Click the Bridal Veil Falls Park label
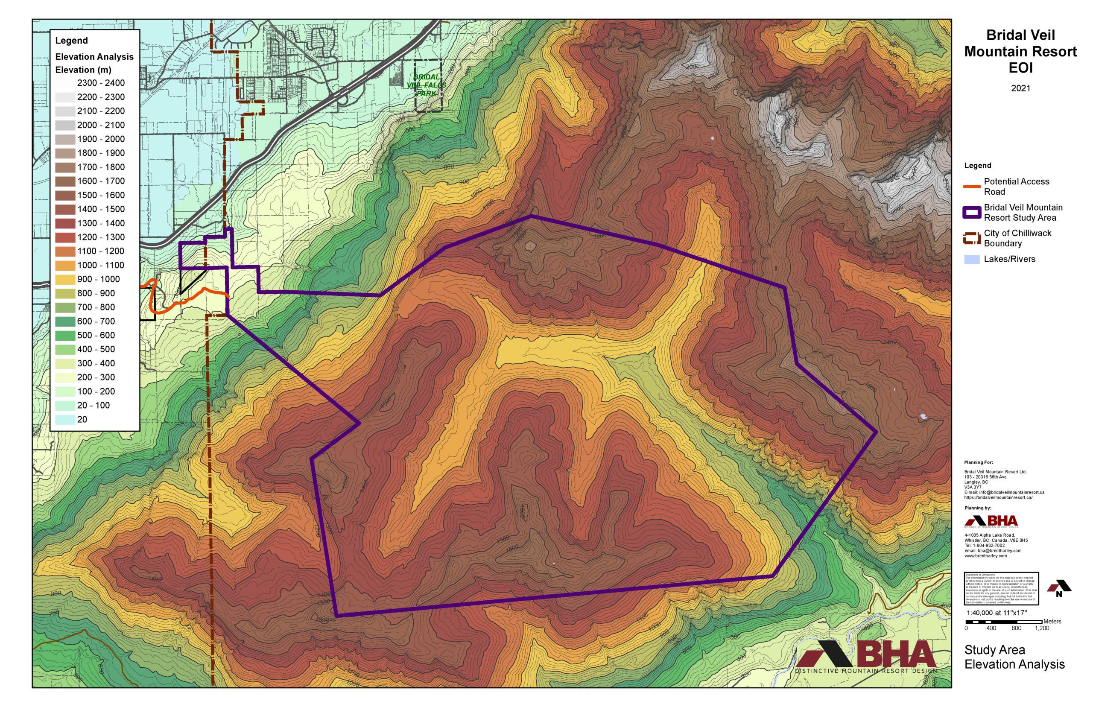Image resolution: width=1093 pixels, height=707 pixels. pos(426,85)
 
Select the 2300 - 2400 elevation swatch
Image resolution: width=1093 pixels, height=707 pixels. pos(65,83)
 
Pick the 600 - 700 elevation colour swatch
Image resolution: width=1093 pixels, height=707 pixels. pos(65,321)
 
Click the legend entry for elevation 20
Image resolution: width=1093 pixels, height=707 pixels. pos(65,420)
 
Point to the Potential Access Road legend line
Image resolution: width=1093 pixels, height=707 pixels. pos(971,187)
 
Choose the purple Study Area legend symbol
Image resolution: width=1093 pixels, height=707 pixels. pos(971,213)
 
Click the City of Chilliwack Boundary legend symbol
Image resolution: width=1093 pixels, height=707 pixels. pos(971,238)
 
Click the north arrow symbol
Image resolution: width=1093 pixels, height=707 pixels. pos(1058,588)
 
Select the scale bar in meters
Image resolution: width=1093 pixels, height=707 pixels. pos(1003,622)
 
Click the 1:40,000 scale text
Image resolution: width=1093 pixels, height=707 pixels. pos(996,613)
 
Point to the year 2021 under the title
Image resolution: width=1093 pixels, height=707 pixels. pos(1020,88)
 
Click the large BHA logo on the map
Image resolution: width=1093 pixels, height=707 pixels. pos(865,657)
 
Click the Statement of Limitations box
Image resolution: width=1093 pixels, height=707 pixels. pos(1001,588)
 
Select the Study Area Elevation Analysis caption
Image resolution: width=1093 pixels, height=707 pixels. pos(1014,657)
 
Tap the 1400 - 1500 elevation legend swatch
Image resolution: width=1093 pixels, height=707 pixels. pos(65,209)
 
